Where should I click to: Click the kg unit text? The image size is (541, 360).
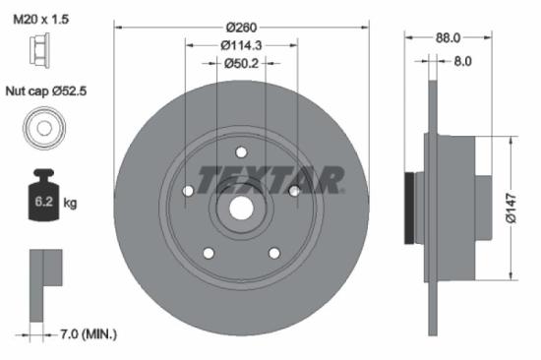coord(70,204)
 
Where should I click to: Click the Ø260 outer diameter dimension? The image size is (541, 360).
coord(241,27)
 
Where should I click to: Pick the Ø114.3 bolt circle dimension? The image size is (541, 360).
coord(241,45)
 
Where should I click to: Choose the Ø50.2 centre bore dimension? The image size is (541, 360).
coord(241,64)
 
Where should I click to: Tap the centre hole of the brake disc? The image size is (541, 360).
coord(241,209)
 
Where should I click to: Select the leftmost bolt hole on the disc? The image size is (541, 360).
coord(187,192)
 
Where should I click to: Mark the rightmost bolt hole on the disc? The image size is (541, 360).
coord(293,192)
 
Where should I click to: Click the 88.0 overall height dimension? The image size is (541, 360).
coord(449,38)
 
